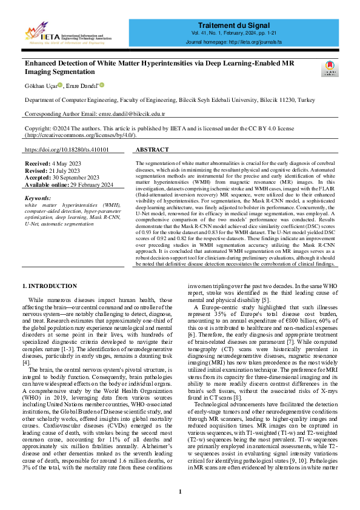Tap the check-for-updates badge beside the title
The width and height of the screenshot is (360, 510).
[328, 67]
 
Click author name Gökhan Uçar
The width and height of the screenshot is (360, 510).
[40, 85]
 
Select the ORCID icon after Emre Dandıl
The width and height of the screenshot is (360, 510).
[102, 85]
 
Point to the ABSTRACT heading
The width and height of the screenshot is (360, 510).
[152, 149]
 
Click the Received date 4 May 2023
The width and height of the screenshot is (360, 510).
[64, 164]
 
